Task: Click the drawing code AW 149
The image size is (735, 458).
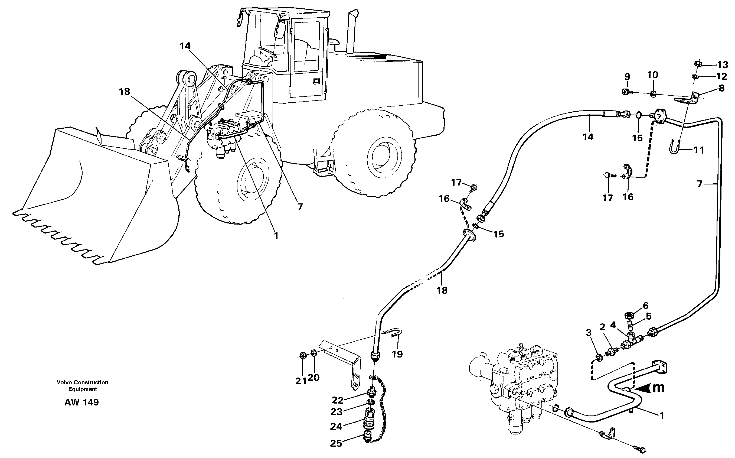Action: (x=81, y=402)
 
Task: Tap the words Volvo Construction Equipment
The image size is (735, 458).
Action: (x=82, y=386)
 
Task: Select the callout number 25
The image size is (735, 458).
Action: (x=336, y=443)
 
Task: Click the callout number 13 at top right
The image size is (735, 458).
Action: (x=723, y=64)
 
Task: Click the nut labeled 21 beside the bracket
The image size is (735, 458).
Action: (x=302, y=355)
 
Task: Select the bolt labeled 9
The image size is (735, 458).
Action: (x=625, y=91)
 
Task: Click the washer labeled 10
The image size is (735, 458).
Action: (x=653, y=94)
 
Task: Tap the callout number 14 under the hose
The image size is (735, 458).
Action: (x=588, y=137)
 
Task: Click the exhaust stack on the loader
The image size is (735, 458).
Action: (x=352, y=33)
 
